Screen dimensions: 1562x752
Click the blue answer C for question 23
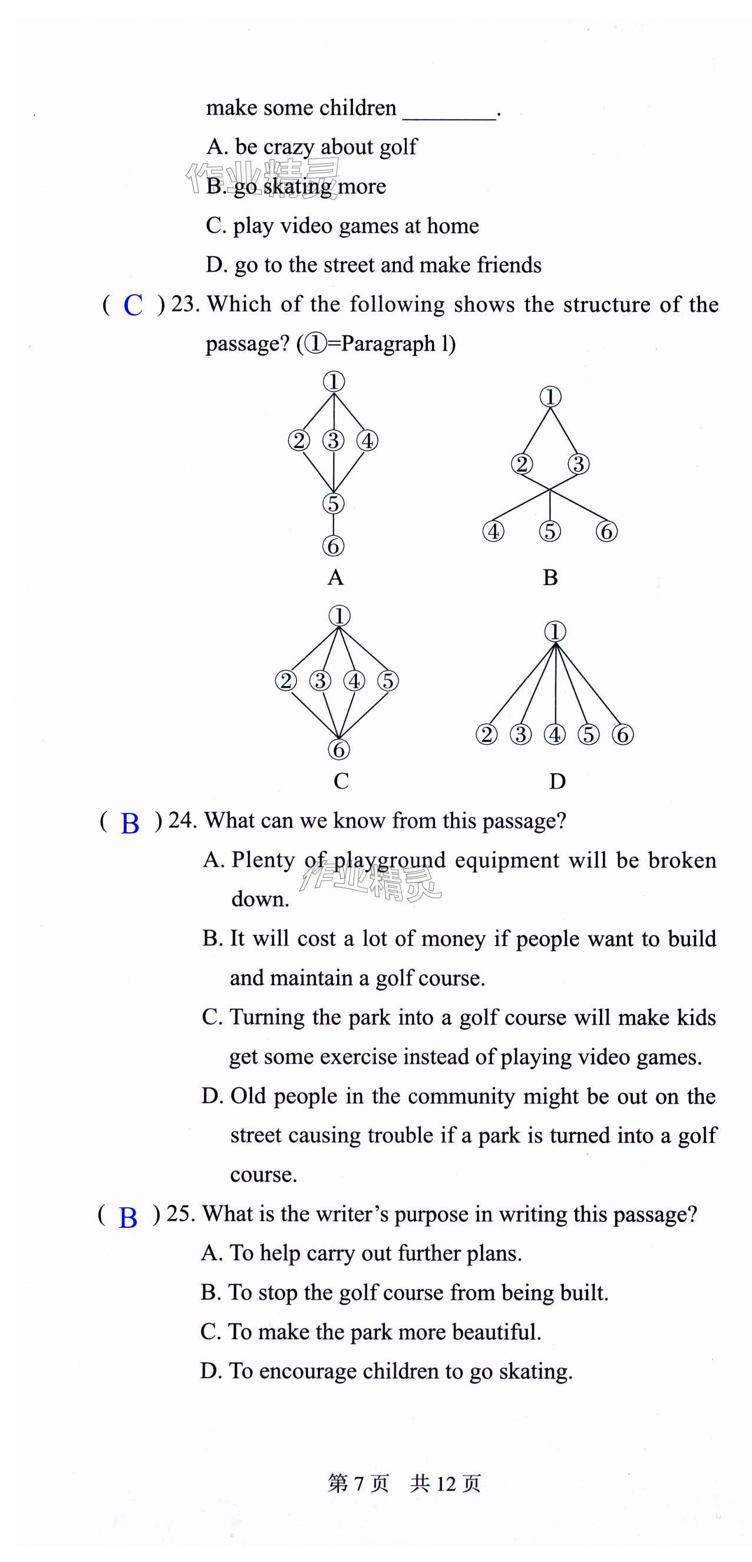point(133,305)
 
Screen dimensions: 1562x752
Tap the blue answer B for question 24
point(130,823)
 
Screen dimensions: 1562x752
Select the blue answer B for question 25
point(128,1217)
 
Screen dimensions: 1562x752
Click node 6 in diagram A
point(333,546)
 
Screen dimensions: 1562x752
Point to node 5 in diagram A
point(333,503)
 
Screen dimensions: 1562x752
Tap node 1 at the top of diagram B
point(550,397)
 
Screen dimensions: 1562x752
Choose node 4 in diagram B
point(493,531)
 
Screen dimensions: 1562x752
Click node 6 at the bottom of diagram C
point(339,750)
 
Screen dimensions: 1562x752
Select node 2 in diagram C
point(286,680)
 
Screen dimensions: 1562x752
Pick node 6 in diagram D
point(623,734)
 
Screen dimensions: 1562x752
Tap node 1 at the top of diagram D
point(555,631)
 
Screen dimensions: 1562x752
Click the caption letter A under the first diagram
point(335,578)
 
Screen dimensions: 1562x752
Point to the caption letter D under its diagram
point(557,782)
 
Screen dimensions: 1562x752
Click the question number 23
point(185,304)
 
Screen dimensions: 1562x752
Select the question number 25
point(180,1214)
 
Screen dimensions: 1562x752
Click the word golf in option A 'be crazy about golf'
point(398,147)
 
